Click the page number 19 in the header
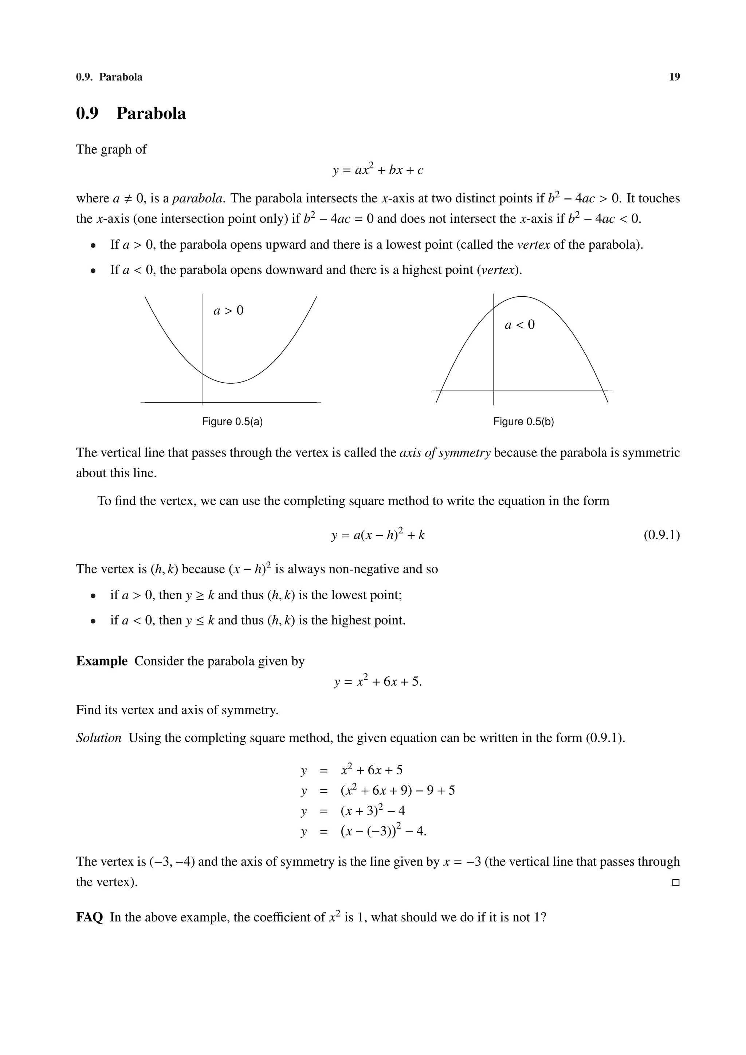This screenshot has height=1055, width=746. pos(674,77)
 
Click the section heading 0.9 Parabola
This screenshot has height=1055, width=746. pos(131,114)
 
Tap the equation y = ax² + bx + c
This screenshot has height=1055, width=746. pos(377,170)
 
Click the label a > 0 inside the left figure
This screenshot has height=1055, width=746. pos(228,311)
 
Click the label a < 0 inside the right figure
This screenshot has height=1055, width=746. pos(519,325)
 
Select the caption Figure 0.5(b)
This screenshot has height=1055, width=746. pos(523,422)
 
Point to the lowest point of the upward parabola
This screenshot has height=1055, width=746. pos(231,383)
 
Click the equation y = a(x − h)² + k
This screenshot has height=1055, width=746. pos(377,535)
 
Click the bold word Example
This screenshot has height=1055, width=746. pos(102,661)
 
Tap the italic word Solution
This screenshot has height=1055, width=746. pos(98,738)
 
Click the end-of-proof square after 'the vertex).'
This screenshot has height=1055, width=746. pos(675,883)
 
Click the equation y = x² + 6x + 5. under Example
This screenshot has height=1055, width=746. pos(377,681)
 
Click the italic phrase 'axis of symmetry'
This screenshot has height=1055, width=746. pos(444,453)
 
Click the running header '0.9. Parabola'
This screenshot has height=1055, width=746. pos(109,77)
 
